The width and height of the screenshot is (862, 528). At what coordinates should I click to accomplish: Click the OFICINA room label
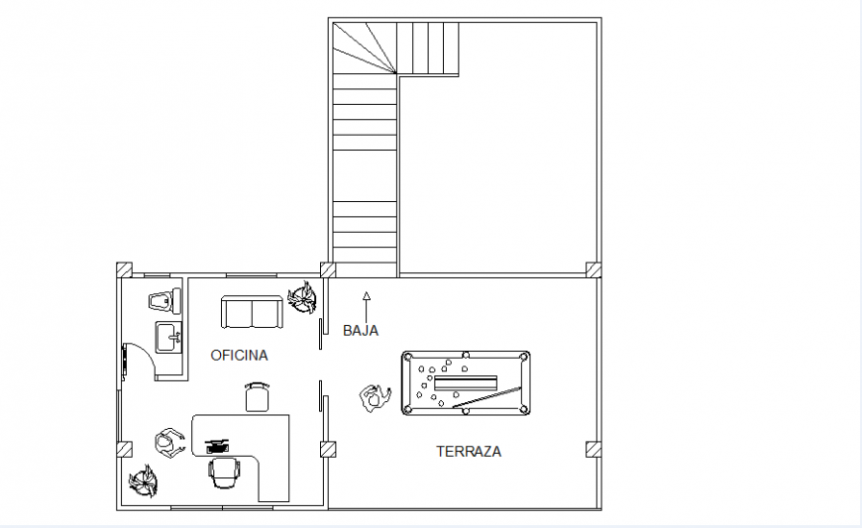pos(239,356)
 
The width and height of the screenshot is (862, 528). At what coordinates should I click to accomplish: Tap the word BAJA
pos(361,331)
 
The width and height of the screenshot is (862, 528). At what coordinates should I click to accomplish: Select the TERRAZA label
pos(469,452)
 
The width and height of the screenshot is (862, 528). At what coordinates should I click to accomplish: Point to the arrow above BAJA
pos(367,307)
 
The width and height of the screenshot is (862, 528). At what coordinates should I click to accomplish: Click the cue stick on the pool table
pos(486,398)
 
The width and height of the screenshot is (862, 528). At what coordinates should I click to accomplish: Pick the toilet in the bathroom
pos(164,300)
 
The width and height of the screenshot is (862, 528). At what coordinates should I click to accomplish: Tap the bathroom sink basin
pos(168,337)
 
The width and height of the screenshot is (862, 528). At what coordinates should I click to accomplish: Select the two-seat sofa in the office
pos(252,312)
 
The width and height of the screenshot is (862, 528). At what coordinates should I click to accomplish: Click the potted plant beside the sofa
pos(302,297)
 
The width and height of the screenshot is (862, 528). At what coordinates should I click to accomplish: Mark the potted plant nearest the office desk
pos(144,481)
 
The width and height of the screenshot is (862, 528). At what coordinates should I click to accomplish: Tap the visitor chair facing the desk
pos(258,397)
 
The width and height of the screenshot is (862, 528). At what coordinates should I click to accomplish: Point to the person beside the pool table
pos(376,398)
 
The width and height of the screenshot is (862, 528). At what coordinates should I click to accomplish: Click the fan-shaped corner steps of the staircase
pos(365,48)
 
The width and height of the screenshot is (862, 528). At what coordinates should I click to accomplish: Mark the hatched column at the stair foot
pos(328,269)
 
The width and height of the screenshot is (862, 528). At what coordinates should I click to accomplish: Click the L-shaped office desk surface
pos(273,457)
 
